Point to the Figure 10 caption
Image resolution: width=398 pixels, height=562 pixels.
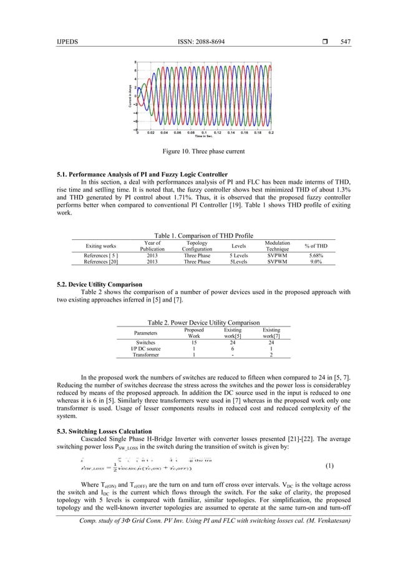[x=198, y=151]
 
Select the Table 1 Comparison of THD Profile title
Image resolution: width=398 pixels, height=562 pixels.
[x=198, y=236]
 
